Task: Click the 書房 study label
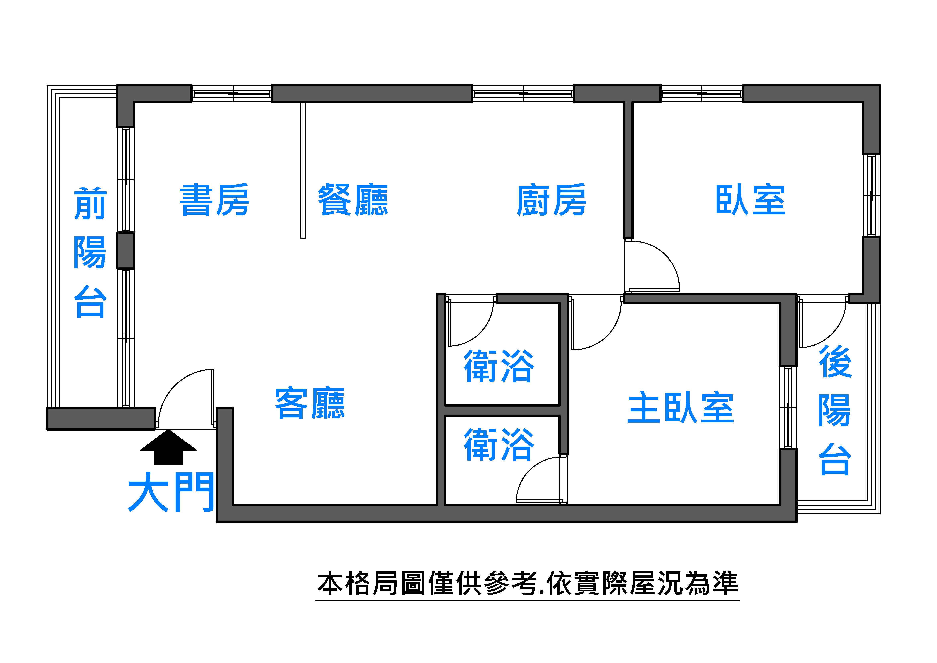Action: (x=214, y=200)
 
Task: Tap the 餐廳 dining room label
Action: (x=353, y=200)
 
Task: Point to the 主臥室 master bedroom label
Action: (x=681, y=408)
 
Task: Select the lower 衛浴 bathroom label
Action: (x=499, y=444)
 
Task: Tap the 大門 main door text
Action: (x=171, y=492)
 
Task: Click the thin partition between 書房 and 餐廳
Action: (x=303, y=169)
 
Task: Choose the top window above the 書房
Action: (x=232, y=93)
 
